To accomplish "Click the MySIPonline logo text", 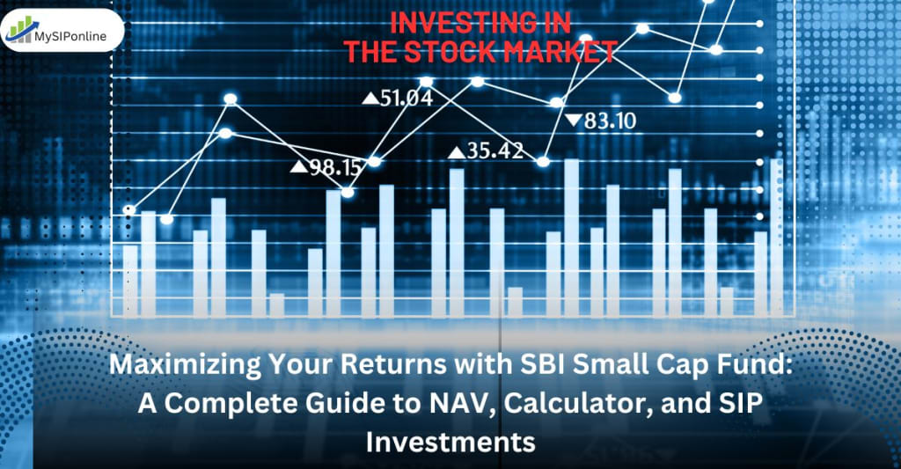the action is click(70, 36).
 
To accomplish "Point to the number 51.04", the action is click(407, 99).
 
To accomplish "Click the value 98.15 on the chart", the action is click(335, 167).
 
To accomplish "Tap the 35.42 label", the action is click(495, 151).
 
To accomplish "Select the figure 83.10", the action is click(611, 121).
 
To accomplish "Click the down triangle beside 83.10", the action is click(573, 121).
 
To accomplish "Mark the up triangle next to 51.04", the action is click(370, 99).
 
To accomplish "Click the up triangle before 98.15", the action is click(299, 166).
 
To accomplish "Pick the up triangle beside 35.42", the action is click(457, 152).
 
